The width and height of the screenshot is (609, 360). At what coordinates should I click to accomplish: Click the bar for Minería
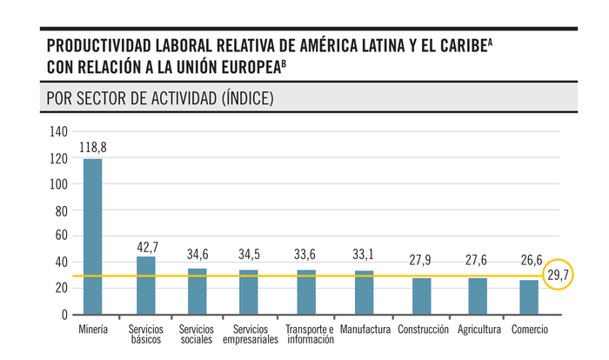coord(93,236)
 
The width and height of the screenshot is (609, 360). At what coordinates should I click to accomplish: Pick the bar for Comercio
coord(528,297)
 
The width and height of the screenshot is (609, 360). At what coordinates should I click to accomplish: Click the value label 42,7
coord(147,247)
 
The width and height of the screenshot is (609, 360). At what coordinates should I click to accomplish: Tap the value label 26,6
coord(528,260)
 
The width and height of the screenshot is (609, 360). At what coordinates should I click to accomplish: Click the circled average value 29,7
coord(559,276)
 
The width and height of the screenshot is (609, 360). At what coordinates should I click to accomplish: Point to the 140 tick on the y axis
coord(58,132)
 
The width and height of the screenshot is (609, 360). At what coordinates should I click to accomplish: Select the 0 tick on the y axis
coord(64,314)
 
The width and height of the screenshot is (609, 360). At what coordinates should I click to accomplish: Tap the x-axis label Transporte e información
coord(310,335)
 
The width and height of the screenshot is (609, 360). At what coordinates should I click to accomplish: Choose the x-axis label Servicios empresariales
coord(251,335)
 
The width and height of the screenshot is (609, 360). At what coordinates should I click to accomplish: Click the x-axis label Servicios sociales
coord(197,335)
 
